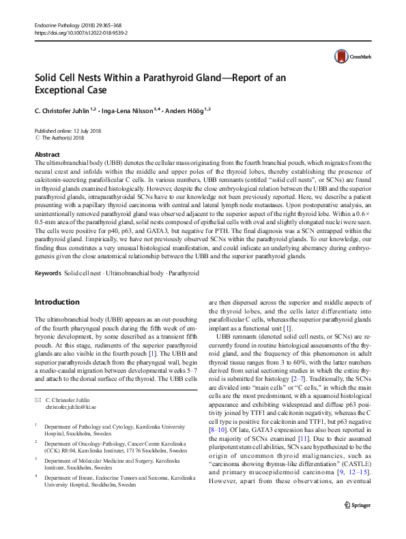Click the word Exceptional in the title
(58, 89)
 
